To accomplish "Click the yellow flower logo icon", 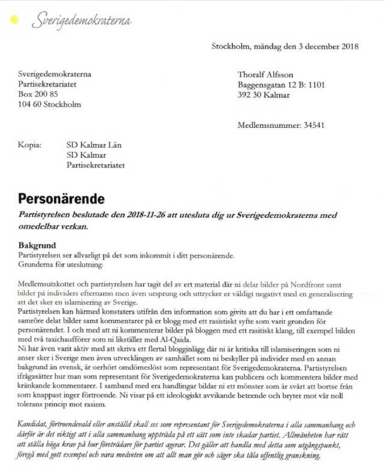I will pyautogui.click(x=14, y=21).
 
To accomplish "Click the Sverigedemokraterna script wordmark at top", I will pyautogui.click(x=82, y=20).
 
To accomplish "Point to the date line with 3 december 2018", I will pyautogui.click(x=285, y=46).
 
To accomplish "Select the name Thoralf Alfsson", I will pyautogui.click(x=266, y=74).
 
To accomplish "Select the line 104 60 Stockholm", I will pyautogui.click(x=49, y=104).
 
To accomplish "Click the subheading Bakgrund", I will pyautogui.click(x=37, y=246).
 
